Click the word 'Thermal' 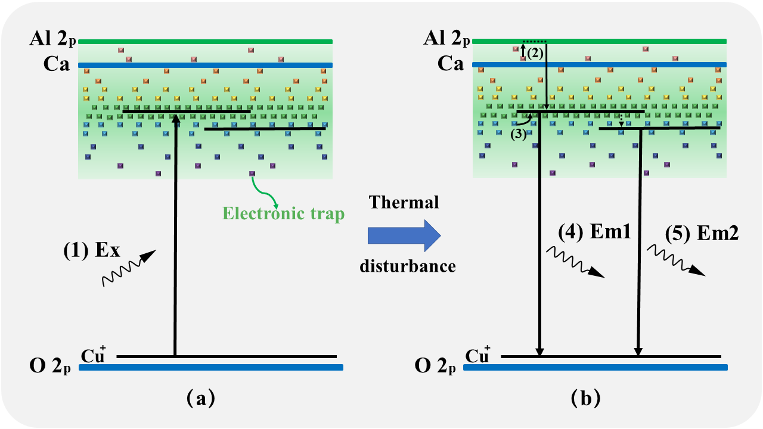point(404,203)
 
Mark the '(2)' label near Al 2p point(534,52)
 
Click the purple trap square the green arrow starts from point(252,173)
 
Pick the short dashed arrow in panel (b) point(621,120)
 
